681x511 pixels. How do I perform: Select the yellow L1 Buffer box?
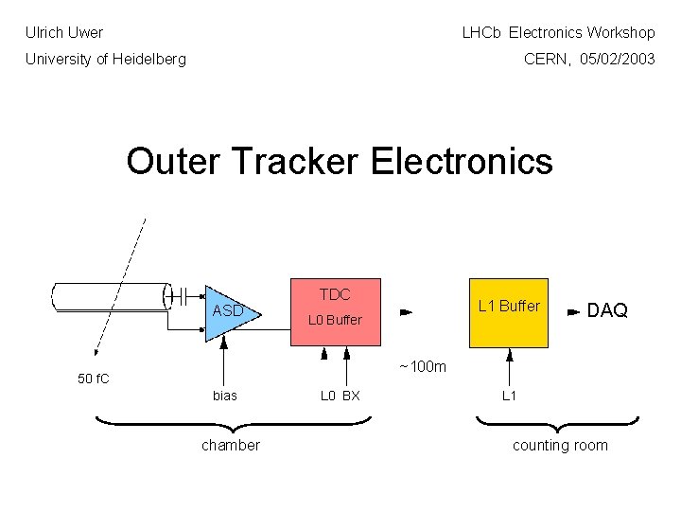pyautogui.click(x=509, y=312)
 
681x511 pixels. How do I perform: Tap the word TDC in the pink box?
pyautogui.click(x=334, y=294)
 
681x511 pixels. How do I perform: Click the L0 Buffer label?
pyautogui.click(x=334, y=320)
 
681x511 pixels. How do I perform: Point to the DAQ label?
pyautogui.click(x=607, y=310)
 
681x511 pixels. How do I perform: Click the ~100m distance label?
pyautogui.click(x=422, y=366)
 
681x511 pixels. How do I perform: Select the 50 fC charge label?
pyautogui.click(x=93, y=379)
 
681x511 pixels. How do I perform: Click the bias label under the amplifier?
pyautogui.click(x=225, y=396)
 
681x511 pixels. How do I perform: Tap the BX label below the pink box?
pyautogui.click(x=351, y=396)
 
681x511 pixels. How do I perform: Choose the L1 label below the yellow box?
pyautogui.click(x=509, y=396)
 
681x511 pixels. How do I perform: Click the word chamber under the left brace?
pyautogui.click(x=230, y=445)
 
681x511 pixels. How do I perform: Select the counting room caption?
pyautogui.click(x=560, y=445)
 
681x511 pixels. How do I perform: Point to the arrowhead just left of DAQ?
pyautogui.click(x=572, y=310)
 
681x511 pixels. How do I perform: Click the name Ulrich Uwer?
pyautogui.click(x=64, y=32)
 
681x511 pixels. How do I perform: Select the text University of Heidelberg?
pyautogui.click(x=105, y=59)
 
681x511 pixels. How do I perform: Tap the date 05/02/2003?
pyautogui.click(x=618, y=59)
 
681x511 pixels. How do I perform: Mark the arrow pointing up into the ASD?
pyautogui.click(x=225, y=364)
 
